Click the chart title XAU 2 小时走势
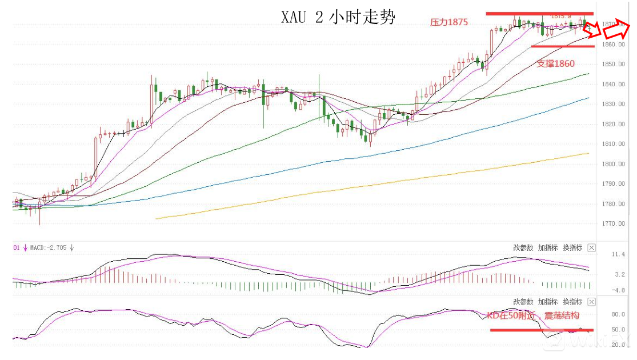coord(338,17)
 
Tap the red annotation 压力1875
coord(449,22)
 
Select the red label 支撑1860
coord(555,63)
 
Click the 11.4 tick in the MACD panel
coord(619,254)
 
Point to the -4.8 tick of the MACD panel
coord(619,290)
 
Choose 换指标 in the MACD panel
coord(572,248)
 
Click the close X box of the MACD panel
coord(591,248)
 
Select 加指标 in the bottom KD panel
coord(548,302)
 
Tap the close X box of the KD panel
coord(591,302)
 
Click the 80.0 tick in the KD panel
coord(619,314)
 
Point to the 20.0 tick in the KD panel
coord(619,345)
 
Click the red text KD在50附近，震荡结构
coord(532,315)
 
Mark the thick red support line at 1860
coord(562,46)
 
